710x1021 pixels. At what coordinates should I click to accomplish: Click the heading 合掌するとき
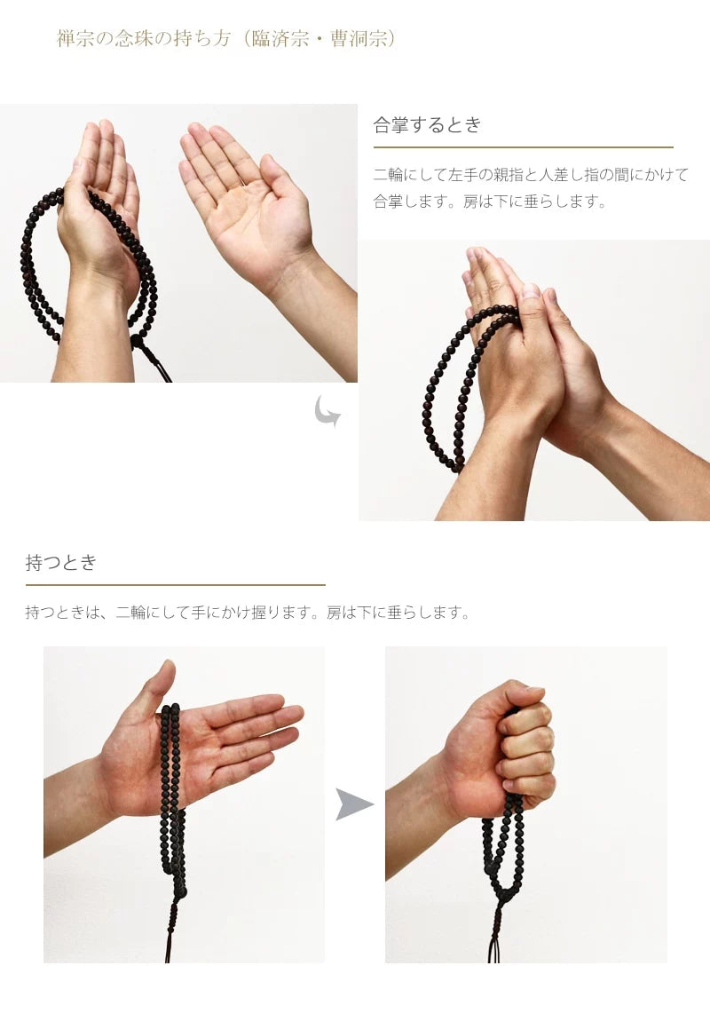[x=427, y=125]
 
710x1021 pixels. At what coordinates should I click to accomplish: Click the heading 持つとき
[x=61, y=562]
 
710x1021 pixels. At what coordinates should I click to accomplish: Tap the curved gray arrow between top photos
[x=327, y=412]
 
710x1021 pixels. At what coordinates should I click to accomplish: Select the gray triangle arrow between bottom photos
[x=353, y=804]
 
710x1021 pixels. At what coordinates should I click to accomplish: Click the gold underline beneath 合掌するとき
[x=523, y=147]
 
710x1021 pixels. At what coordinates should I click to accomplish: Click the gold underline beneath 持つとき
[x=175, y=585]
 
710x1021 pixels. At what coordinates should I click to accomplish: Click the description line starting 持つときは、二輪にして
[x=248, y=613]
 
